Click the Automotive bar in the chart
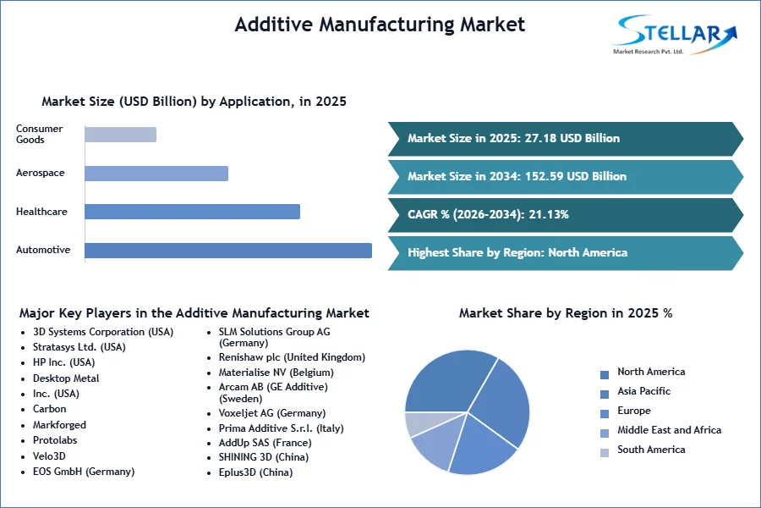pos(228,251)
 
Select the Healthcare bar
pos(192,212)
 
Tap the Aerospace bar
pos(156,174)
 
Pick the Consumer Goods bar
pos(120,135)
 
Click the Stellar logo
pos(675,35)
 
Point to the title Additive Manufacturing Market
pos(380,25)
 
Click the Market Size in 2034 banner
pos(566,177)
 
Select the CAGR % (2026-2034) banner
pos(566,215)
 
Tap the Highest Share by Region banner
pos(566,253)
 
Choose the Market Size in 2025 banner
pos(566,139)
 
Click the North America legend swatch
pos(605,375)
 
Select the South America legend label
pos(651,450)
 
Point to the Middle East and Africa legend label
pos(670,430)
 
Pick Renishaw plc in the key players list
pos(292,357)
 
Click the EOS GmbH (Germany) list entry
pos(84,472)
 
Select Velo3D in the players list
pos(49,456)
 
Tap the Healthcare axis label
pos(41,212)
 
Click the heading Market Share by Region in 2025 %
pos(566,313)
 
